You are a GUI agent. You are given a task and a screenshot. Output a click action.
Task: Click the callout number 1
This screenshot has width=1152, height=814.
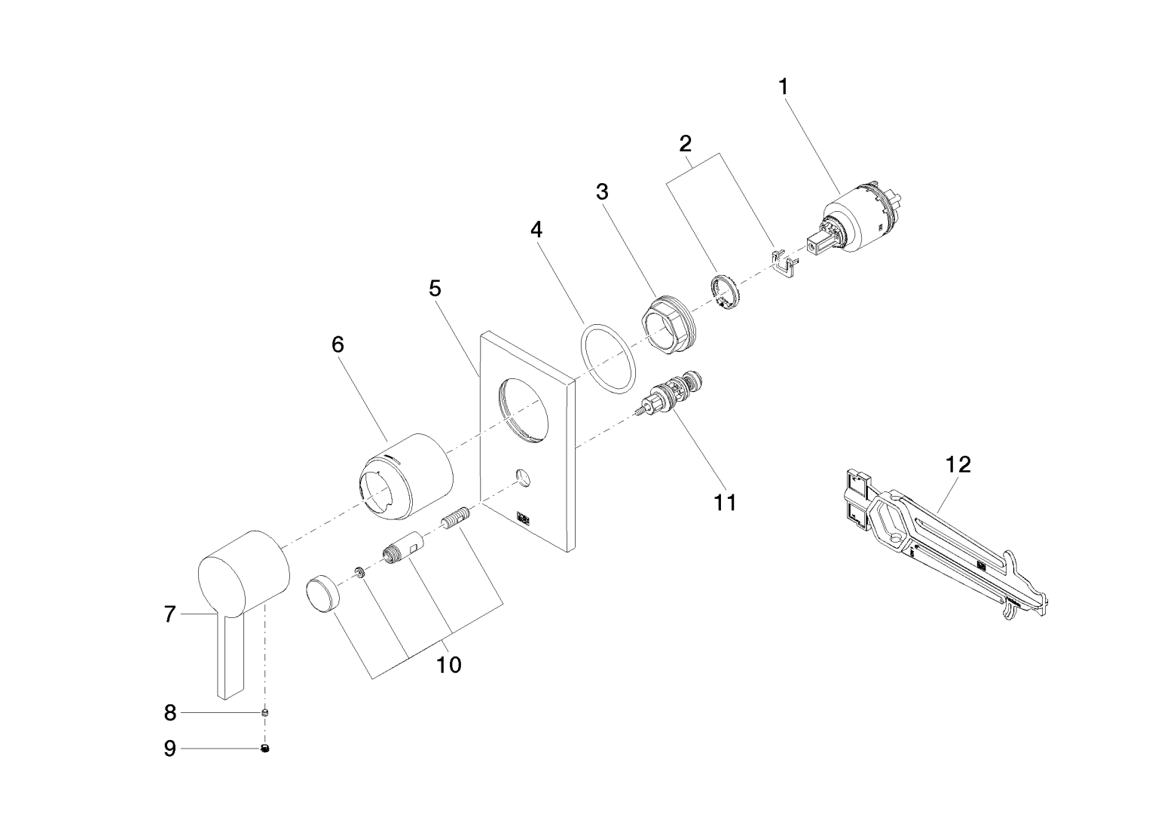pos(783,87)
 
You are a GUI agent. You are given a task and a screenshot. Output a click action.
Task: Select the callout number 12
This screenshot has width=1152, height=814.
pos(958,464)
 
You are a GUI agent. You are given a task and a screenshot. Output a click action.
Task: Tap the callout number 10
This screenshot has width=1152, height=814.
pos(449,665)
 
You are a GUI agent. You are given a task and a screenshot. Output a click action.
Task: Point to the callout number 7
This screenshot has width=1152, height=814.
pos(170,614)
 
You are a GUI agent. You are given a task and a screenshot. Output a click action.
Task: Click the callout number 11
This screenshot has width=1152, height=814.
pos(725,501)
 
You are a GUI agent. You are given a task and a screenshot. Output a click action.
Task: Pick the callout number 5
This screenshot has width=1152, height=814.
pos(435,289)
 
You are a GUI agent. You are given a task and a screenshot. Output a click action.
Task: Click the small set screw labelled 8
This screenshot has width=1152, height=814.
pos(265,711)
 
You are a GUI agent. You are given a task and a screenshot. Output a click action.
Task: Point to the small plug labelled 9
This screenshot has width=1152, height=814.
pos(265,748)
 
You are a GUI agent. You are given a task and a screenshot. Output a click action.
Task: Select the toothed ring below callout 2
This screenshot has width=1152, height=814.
pos(725,292)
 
